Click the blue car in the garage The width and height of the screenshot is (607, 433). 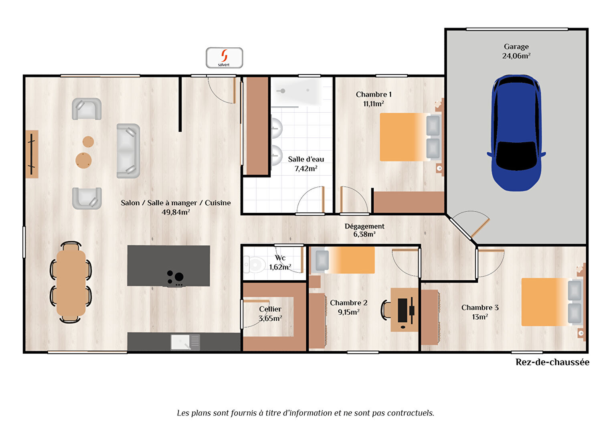pyautogui.click(x=516, y=133)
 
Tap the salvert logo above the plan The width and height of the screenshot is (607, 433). pyautogui.click(x=225, y=58)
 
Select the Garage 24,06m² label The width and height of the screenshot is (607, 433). pyautogui.click(x=516, y=51)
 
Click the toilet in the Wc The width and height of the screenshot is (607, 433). pyautogui.click(x=254, y=264)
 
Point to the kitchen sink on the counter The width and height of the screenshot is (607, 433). pyautogui.click(x=185, y=342)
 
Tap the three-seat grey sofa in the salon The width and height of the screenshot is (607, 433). pyautogui.click(x=128, y=151)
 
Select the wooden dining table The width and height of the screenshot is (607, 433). pyautogui.click(x=71, y=282)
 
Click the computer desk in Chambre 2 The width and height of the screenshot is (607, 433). pyautogui.click(x=404, y=310)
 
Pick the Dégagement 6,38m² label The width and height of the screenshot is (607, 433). pyautogui.click(x=364, y=230)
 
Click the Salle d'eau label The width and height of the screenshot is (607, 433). pyautogui.click(x=306, y=159)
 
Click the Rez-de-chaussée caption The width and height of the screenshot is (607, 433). pyautogui.click(x=552, y=362)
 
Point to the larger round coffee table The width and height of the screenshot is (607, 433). pyautogui.click(x=83, y=160)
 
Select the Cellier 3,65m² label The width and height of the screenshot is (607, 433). pyautogui.click(x=270, y=314)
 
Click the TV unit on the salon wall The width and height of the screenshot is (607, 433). pyautogui.click(x=32, y=154)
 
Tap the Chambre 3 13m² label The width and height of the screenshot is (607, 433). pyautogui.click(x=480, y=312)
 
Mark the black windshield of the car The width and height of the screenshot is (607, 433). pyautogui.click(x=516, y=156)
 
